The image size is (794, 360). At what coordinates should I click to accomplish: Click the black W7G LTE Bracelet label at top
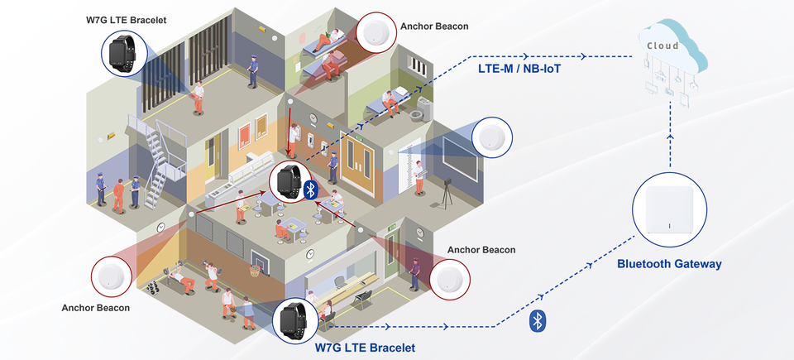(127, 19)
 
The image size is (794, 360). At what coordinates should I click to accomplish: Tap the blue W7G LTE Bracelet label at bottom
(365, 348)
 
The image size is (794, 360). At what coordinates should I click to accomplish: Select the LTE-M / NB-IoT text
(519, 68)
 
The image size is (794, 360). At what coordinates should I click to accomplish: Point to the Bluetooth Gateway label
(669, 264)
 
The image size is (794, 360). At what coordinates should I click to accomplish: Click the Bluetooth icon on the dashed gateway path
(537, 320)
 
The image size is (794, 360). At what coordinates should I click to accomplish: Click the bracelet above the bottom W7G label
(294, 319)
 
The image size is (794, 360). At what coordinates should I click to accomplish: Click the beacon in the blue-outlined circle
(492, 137)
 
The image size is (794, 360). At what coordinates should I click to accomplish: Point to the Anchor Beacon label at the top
(434, 26)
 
